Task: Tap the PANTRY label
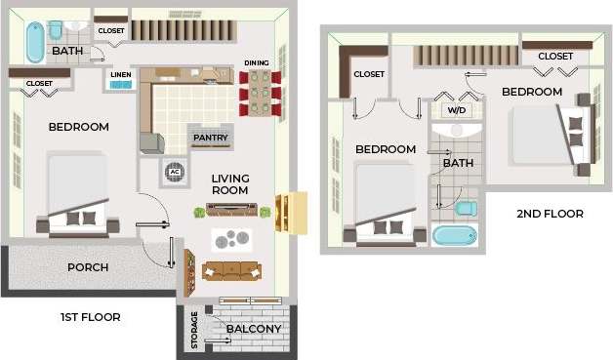coord(210,138)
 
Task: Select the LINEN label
coord(121,74)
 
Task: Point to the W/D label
coord(456,110)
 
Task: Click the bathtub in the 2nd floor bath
coord(454,235)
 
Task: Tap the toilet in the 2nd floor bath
coord(465,208)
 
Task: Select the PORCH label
coord(87,267)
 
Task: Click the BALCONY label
coord(253,329)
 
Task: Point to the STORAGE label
coord(194,330)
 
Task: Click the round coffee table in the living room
coord(231,239)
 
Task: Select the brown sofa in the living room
coord(230,270)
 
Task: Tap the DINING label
coord(257,63)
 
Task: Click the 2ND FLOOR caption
coord(550,214)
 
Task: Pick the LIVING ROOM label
coord(230,184)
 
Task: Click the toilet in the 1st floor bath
coord(57,29)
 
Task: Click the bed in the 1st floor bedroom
coord(77,195)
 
